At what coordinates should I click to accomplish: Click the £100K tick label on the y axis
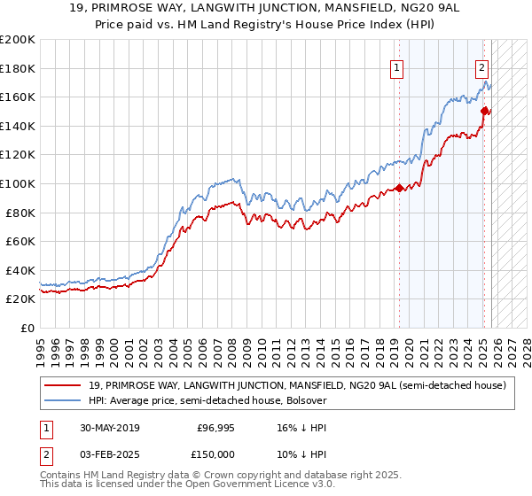18,183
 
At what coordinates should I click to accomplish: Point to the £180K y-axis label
18,68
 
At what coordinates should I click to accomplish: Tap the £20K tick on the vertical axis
20,299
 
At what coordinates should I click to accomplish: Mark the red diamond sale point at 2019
399,188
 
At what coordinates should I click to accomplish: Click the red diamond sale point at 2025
485,111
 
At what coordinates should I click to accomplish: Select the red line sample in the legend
62,385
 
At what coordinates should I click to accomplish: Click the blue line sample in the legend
62,400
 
